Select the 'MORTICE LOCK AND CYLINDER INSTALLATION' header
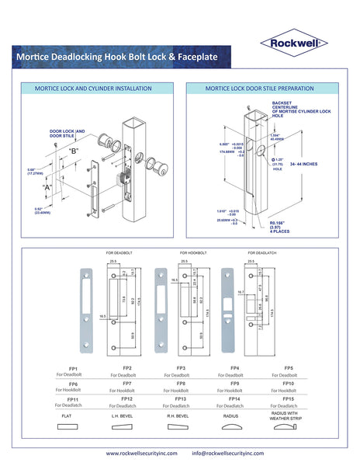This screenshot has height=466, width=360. coord(93,89)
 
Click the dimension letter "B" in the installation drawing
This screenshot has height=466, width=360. coord(73,150)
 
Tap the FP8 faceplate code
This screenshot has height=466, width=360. coord(181,383)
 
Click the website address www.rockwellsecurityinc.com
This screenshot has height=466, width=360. coord(142,453)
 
